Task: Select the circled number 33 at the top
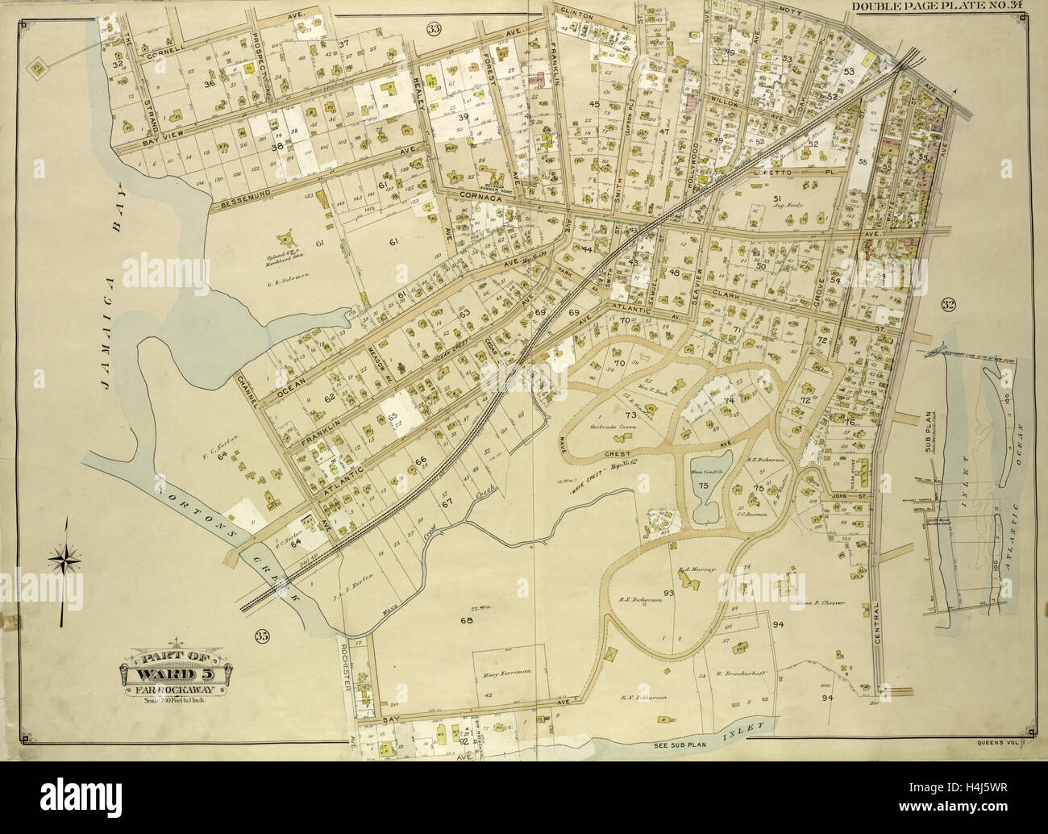435,30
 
